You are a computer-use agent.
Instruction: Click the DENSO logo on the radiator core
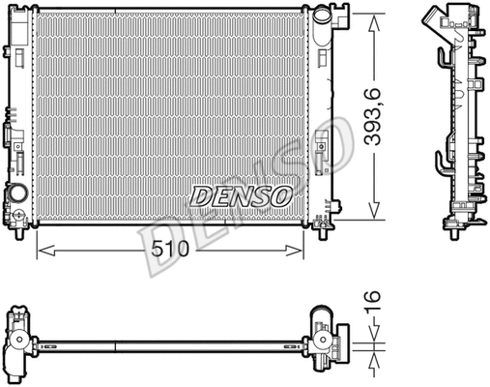241,196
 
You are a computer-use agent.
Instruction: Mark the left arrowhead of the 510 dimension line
41,250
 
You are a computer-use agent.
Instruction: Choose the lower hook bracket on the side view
442,161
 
